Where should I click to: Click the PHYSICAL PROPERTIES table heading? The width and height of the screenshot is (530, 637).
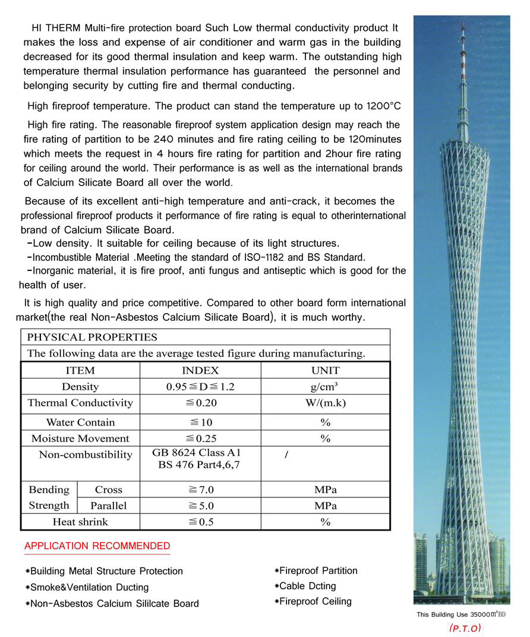[x=92, y=337]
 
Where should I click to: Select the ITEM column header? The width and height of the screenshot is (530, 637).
[x=80, y=370]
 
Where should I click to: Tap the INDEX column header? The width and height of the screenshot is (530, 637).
[x=200, y=370]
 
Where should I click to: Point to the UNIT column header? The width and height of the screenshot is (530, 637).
[x=325, y=370]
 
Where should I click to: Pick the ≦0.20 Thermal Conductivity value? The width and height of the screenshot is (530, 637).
[x=200, y=403]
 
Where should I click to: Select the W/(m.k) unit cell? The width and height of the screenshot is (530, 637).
[x=325, y=403]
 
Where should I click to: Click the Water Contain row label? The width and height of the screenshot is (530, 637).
[x=80, y=422]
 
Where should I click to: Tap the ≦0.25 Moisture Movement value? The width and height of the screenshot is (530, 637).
[x=200, y=439]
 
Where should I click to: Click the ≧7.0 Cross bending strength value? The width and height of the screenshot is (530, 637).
[x=200, y=490]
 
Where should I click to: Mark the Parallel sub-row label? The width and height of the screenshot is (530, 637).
[x=108, y=506]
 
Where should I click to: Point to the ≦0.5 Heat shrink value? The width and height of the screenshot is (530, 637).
[x=200, y=522]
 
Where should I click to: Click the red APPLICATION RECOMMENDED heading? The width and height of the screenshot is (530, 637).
[x=97, y=546]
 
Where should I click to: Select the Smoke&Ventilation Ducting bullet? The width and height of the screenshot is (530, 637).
[x=89, y=587]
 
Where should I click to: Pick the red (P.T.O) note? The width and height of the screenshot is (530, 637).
[x=465, y=628]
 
